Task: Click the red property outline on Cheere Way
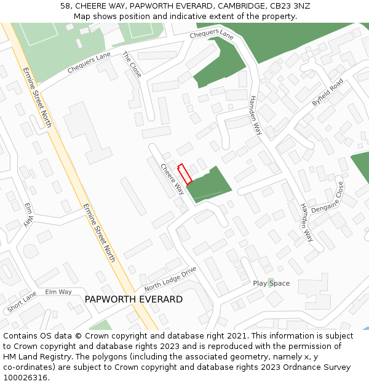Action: (184, 173)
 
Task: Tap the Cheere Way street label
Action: (172, 179)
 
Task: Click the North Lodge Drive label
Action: (170, 279)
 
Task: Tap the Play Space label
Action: (271, 283)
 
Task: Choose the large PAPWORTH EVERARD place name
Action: (133, 299)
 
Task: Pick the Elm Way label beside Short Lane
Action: (58, 292)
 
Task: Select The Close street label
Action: (132, 65)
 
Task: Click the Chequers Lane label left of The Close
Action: (89, 63)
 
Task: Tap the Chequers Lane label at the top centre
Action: (212, 34)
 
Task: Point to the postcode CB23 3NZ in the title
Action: (289, 6)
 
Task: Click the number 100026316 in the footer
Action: (25, 377)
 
